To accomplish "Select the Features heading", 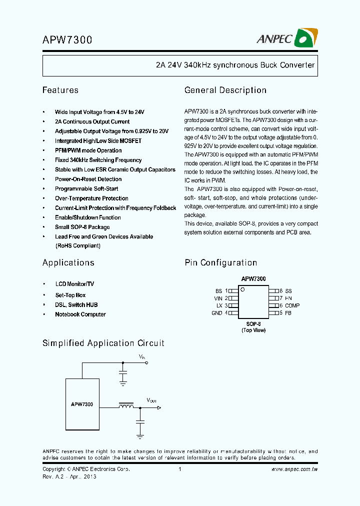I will (60, 90).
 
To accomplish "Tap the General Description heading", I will (225, 90).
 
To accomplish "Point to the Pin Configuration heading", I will (221, 263).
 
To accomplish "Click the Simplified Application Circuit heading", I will (103, 343).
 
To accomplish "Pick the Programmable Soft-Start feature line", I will (86, 189).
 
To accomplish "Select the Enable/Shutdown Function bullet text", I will (88, 217).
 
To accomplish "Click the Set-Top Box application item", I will (70, 295).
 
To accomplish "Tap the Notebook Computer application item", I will (80, 314).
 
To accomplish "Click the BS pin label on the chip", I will (218, 290).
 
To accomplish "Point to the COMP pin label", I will (292, 305).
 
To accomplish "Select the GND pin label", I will (216, 313).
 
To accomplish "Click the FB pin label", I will (288, 313).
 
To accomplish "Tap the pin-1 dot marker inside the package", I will (243, 289).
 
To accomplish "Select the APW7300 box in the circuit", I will (82, 404).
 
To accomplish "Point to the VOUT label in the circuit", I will (151, 400).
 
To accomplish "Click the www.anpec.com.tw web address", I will (294, 469).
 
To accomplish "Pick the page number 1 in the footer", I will (179, 469).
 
